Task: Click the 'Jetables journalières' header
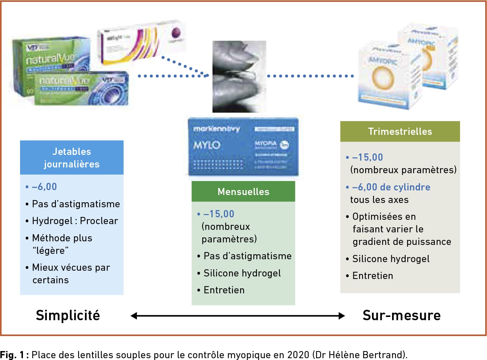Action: (x=72, y=157)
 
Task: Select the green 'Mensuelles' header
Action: (x=243, y=191)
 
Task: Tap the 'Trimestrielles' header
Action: (x=400, y=131)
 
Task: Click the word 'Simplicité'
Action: (x=68, y=316)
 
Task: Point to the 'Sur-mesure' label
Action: (x=401, y=316)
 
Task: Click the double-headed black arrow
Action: (x=238, y=316)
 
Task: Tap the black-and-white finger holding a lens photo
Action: (x=239, y=76)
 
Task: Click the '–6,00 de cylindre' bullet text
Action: (x=391, y=187)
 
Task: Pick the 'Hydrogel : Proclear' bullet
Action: (x=75, y=221)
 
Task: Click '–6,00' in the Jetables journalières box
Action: (x=44, y=187)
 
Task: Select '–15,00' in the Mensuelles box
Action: (x=219, y=214)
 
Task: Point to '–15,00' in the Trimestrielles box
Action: (x=367, y=157)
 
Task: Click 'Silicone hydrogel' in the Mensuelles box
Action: (x=242, y=273)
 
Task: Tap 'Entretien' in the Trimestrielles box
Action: (x=373, y=276)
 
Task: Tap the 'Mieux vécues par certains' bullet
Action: (x=71, y=274)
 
